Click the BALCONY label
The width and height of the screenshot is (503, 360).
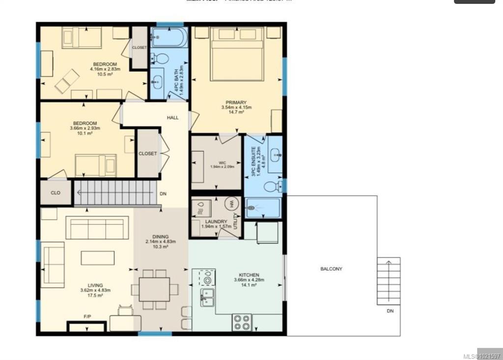point(331,269)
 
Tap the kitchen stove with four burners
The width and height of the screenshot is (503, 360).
point(242,322)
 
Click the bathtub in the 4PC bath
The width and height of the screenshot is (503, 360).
point(169,37)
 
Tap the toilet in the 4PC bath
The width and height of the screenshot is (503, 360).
point(160,59)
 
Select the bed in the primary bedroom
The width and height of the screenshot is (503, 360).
point(236,54)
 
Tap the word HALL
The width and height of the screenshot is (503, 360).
point(172,118)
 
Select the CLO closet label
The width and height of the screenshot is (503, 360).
point(56,193)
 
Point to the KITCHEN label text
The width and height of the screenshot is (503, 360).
point(249,275)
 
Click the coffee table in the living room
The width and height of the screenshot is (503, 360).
point(98,258)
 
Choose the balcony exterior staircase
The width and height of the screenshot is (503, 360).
point(389,280)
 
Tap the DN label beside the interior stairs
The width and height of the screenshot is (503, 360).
point(163,194)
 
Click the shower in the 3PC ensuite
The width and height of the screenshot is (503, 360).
point(263,208)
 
